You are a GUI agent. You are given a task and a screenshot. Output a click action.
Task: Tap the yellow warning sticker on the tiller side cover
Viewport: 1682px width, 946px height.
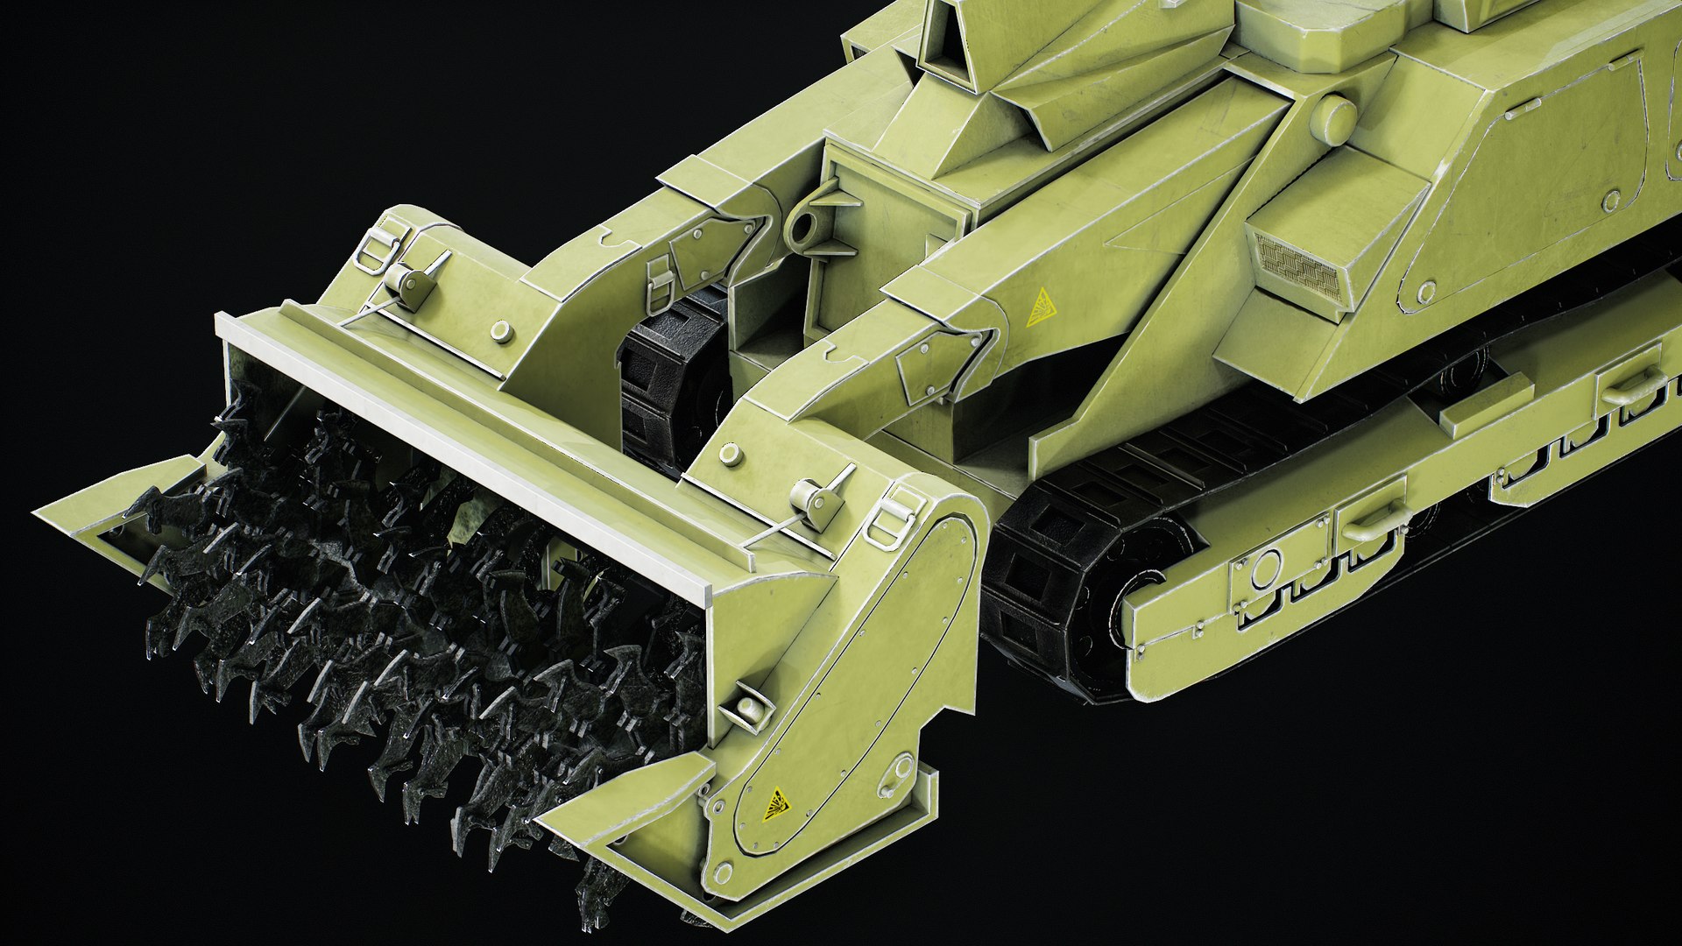774,803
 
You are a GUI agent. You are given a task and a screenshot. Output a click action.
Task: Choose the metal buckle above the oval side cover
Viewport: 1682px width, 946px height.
892,517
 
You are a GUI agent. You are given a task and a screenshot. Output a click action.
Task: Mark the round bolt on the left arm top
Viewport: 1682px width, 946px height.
501,330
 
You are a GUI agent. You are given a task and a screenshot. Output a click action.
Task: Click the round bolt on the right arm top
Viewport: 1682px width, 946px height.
730,454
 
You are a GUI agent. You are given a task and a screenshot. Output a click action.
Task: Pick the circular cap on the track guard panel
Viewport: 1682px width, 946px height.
1265,569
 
